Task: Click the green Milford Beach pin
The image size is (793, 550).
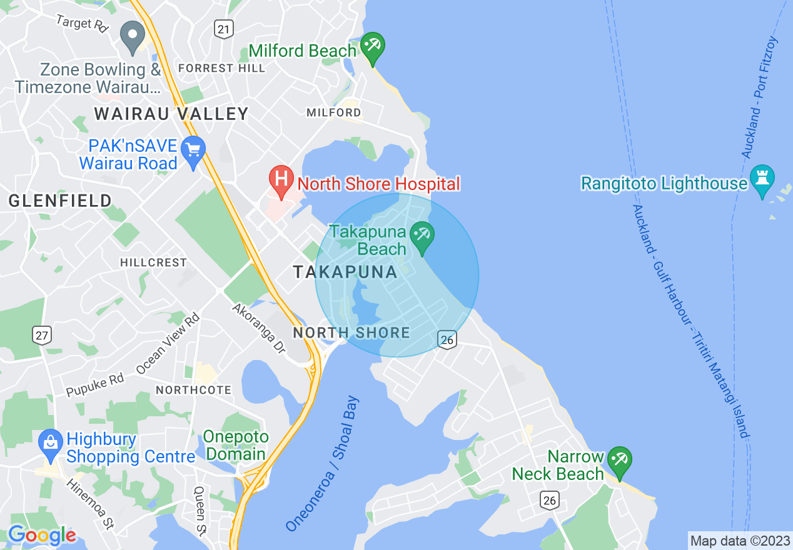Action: click(373, 48)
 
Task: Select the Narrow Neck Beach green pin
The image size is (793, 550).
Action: click(620, 461)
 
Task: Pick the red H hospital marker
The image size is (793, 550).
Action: click(281, 179)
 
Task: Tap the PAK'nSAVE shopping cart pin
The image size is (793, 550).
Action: click(193, 151)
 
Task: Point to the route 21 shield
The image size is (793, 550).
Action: click(223, 28)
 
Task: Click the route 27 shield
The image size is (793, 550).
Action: click(42, 335)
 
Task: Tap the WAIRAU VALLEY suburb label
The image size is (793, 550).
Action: click(171, 114)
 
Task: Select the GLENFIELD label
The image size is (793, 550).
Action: click(60, 201)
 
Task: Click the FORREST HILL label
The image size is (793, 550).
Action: click(221, 68)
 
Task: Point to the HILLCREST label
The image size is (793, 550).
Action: click(153, 262)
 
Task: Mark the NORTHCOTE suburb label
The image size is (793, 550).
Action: click(193, 390)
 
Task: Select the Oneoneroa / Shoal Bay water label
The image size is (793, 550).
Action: click(323, 463)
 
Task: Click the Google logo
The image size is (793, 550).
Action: click(41, 535)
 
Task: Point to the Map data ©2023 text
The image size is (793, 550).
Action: click(739, 540)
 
